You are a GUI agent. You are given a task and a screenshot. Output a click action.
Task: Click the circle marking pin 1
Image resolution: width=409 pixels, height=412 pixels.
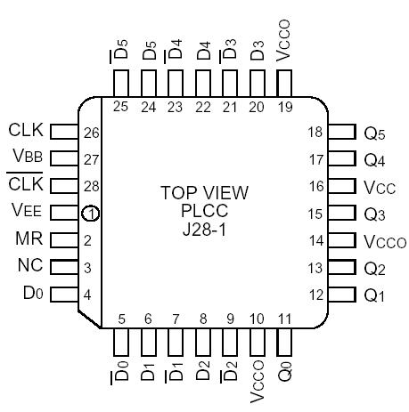click(x=91, y=214)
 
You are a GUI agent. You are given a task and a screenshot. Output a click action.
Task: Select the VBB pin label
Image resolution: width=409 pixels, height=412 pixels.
click(x=26, y=158)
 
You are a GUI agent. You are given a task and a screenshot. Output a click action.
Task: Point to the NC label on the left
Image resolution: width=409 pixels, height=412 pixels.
click(x=29, y=267)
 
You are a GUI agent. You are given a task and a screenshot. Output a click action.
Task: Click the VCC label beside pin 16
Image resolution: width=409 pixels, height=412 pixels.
click(x=379, y=188)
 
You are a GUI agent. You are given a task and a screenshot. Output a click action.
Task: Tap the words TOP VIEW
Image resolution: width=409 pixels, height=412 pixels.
click(x=205, y=192)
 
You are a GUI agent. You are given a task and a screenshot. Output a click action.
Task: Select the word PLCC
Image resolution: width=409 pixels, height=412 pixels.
click(x=205, y=211)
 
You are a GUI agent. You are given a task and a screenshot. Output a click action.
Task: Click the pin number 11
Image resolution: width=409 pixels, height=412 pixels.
click(x=284, y=319)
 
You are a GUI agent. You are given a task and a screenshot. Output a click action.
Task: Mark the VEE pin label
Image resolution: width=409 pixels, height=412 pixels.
click(x=26, y=213)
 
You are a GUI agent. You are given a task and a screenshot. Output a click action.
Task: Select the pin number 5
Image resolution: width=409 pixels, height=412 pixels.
click(x=122, y=319)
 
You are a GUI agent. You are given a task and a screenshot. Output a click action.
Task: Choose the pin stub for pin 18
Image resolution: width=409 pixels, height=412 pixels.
click(x=342, y=133)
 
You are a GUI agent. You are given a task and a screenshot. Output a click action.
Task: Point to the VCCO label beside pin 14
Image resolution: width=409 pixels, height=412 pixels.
click(x=384, y=241)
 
